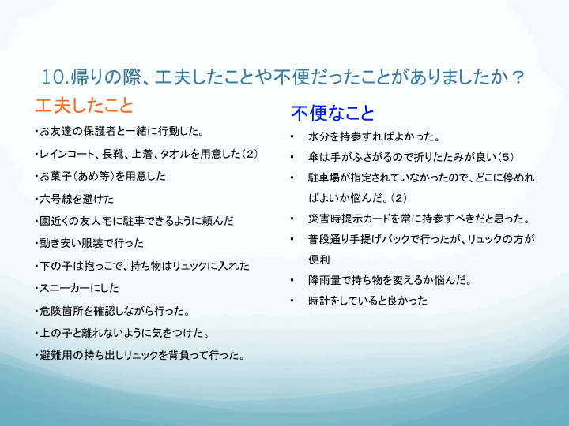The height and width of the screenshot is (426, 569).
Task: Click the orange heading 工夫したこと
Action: tap(85, 106)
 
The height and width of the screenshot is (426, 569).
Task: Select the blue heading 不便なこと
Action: tap(333, 113)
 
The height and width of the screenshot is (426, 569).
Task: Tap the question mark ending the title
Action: tap(518, 77)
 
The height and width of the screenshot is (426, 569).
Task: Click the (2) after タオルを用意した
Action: tap(250, 154)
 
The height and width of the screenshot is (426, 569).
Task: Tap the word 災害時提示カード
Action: tap(349, 219)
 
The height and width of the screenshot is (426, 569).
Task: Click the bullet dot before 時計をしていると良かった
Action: tap(292, 301)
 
